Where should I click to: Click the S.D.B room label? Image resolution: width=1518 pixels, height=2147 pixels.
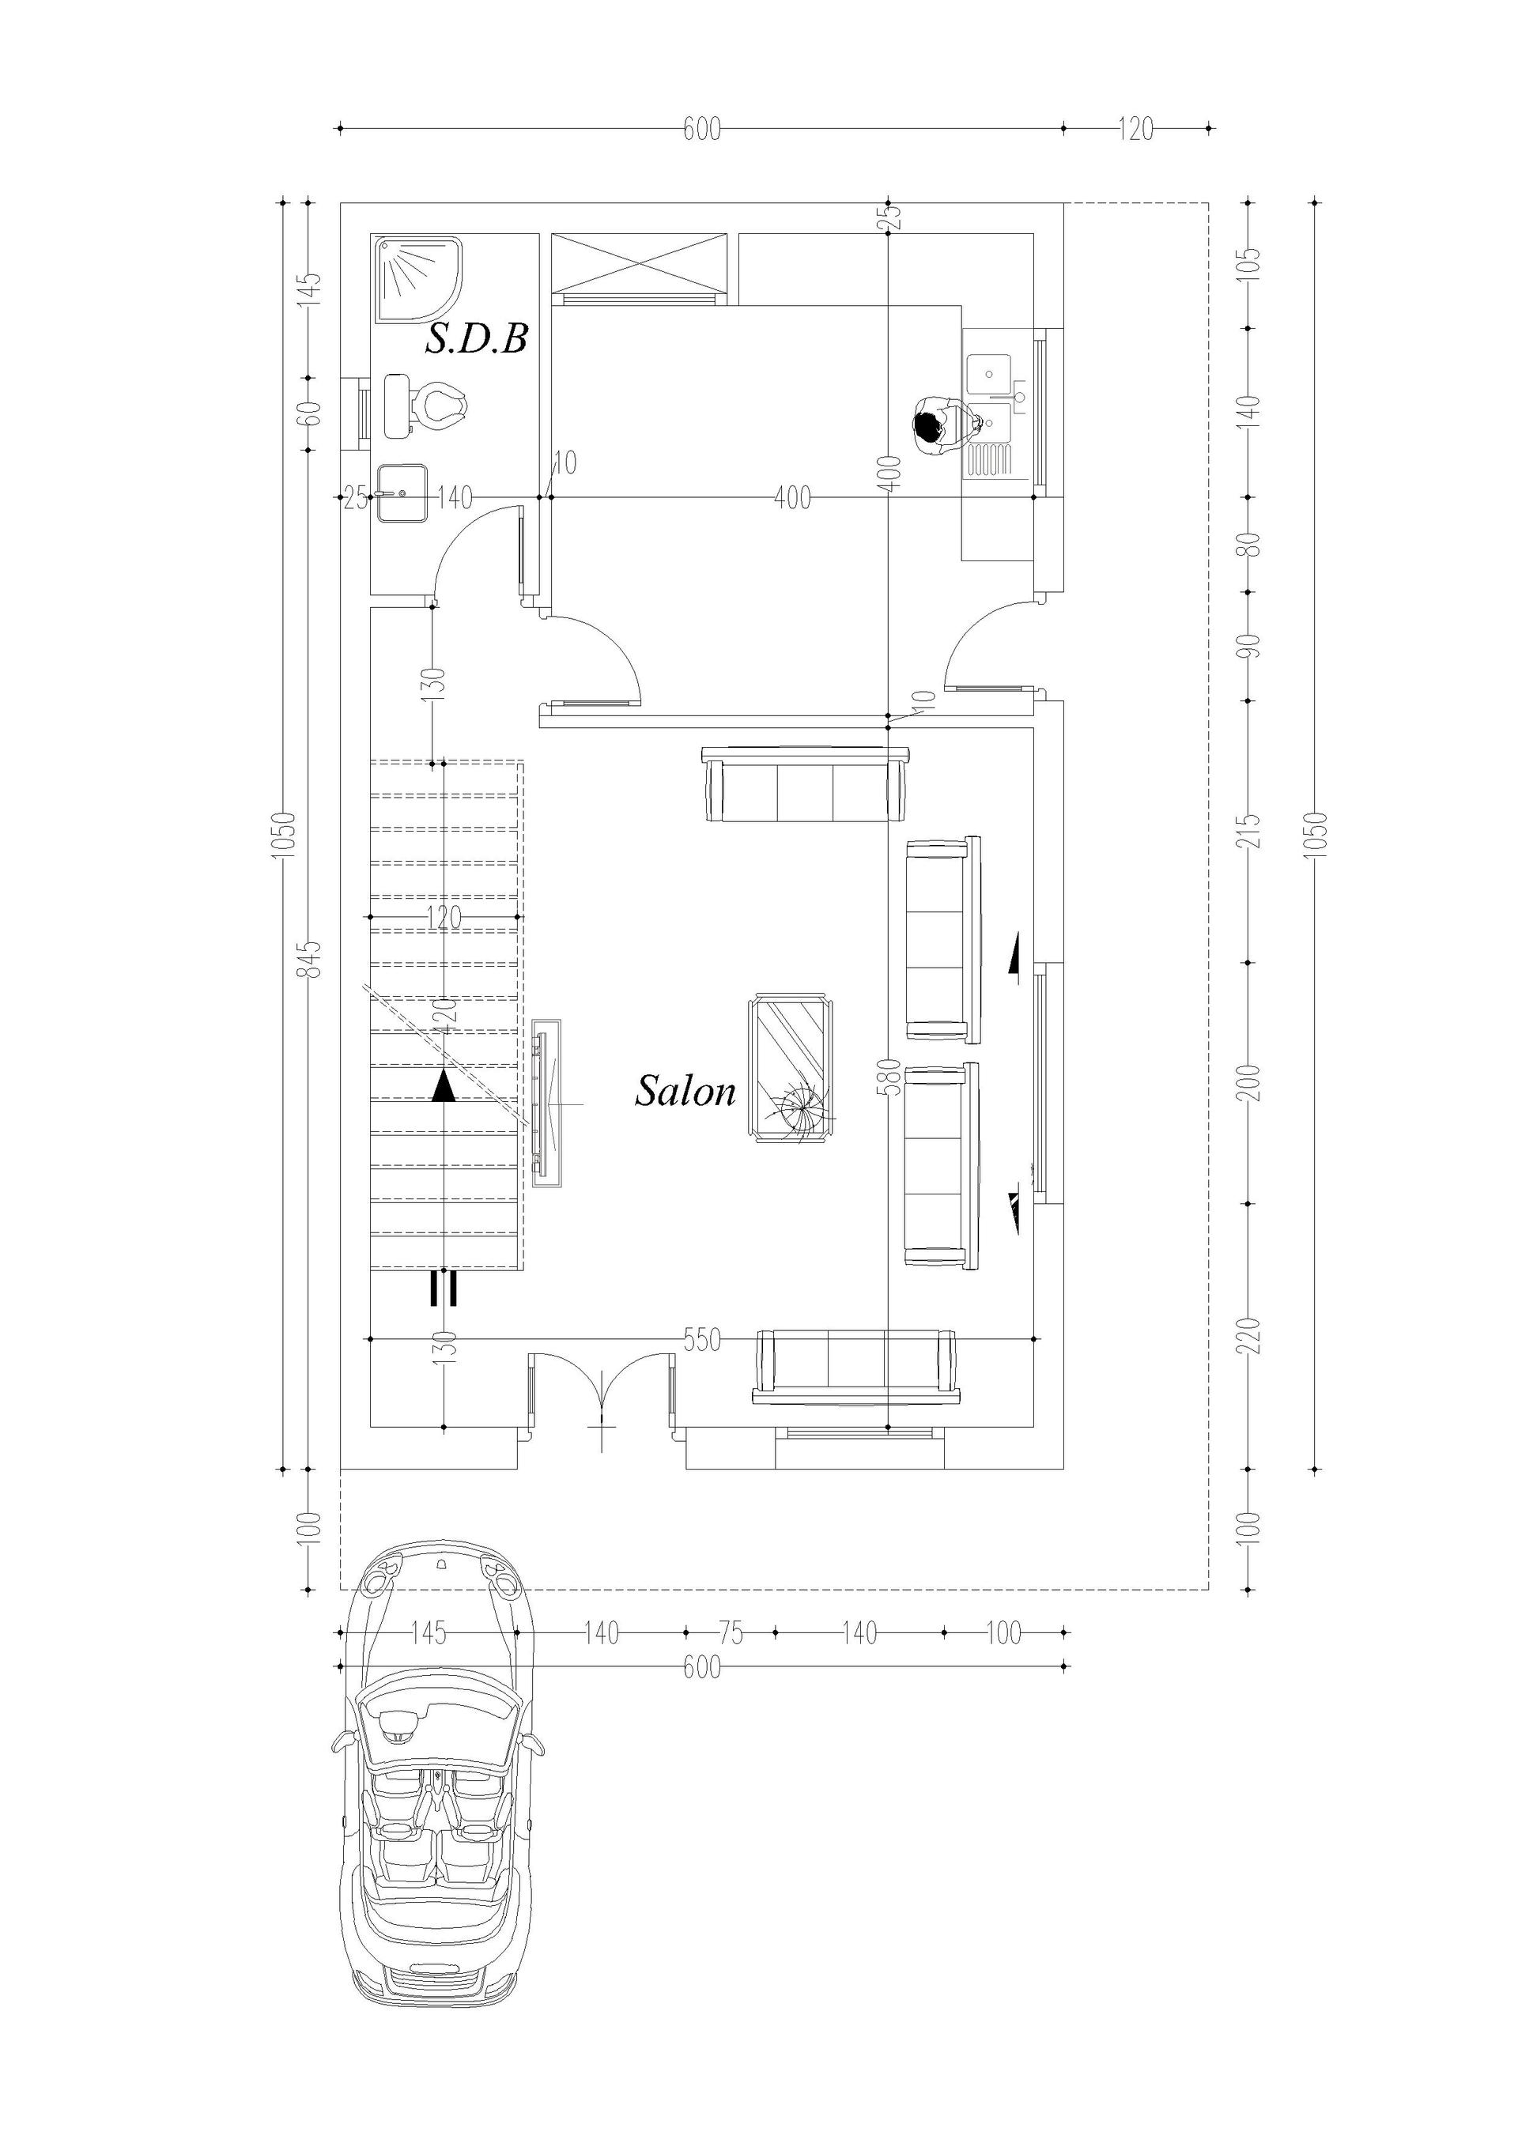point(477,338)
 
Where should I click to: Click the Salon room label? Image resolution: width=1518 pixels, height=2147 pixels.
point(685,1091)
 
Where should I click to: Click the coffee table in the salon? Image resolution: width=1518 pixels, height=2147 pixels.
point(791,1069)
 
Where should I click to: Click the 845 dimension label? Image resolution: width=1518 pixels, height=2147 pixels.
point(313,958)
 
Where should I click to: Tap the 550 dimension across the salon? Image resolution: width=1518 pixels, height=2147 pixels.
point(701,1340)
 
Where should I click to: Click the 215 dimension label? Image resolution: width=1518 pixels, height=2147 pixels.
point(1254,830)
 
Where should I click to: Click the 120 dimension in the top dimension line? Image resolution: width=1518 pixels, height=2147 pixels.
point(1135,129)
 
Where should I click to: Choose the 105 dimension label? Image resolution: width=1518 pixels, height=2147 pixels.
point(1254,265)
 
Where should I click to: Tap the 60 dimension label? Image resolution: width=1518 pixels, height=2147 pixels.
point(313,413)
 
